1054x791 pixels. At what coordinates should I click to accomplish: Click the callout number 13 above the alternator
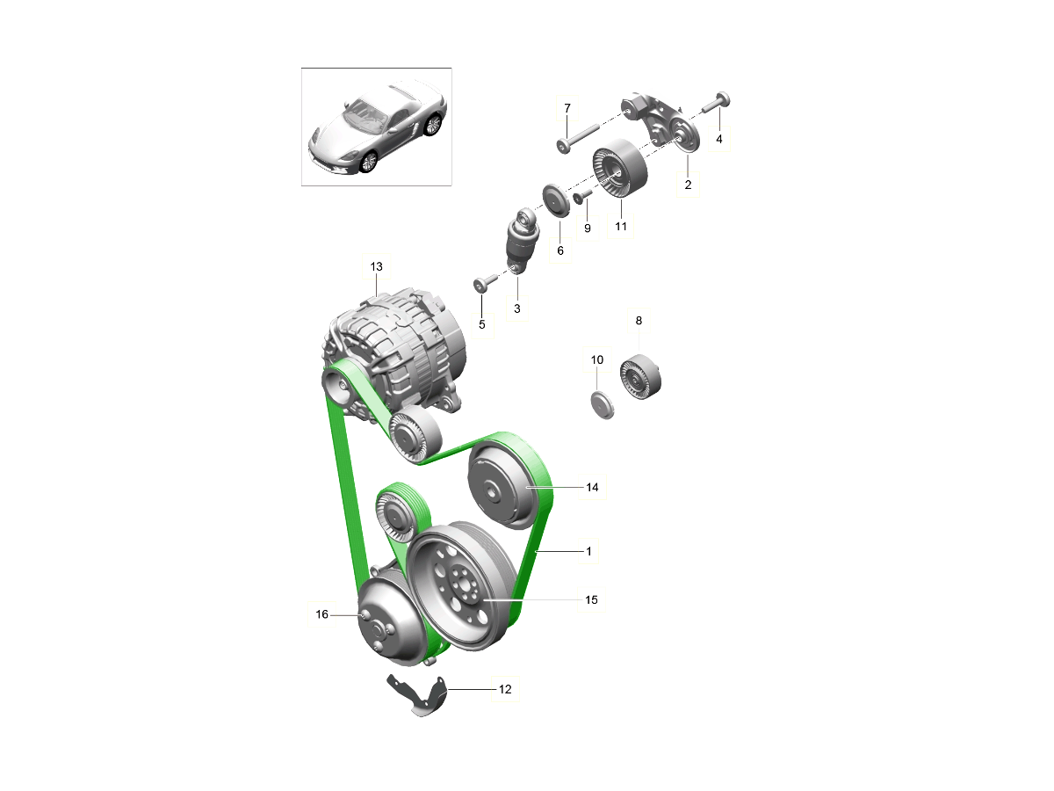point(377,266)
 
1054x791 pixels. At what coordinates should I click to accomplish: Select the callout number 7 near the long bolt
point(567,108)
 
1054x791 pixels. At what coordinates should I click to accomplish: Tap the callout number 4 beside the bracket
point(718,139)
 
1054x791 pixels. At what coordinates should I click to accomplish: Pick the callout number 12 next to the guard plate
point(505,690)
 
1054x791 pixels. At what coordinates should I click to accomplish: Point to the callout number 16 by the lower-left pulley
point(321,614)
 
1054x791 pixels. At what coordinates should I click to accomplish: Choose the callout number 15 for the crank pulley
point(591,600)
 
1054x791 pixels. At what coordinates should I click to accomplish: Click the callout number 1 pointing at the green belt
point(588,551)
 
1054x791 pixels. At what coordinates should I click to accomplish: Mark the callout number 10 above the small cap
point(597,359)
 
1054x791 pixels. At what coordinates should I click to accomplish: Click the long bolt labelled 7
point(578,138)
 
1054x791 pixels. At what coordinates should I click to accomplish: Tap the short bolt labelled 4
point(717,102)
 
